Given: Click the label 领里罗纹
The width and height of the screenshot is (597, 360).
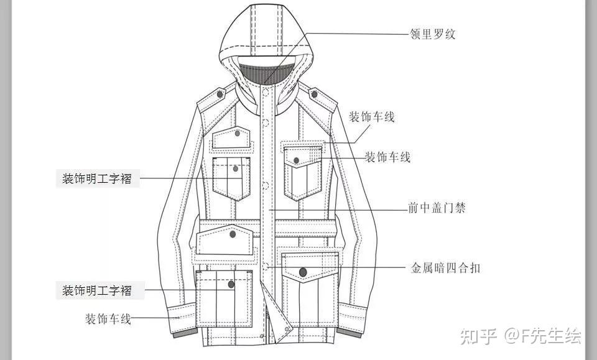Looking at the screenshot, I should click(x=433, y=34).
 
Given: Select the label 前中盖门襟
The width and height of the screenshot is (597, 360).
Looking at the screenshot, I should click(x=437, y=208).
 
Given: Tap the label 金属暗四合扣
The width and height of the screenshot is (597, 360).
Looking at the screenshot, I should click(x=445, y=268).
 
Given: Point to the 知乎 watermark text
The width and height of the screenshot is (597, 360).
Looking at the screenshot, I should click(x=478, y=336).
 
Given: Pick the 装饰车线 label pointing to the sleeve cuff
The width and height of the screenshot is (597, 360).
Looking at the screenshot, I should click(x=108, y=319).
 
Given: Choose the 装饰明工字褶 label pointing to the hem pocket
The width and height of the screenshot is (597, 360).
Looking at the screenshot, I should click(x=96, y=290).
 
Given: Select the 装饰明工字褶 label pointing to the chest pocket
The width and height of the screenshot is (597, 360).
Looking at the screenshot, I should click(x=96, y=179).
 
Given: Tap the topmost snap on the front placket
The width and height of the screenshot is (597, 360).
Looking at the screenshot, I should click(x=266, y=93).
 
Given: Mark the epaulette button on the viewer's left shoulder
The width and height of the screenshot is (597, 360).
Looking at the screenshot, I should click(x=220, y=94).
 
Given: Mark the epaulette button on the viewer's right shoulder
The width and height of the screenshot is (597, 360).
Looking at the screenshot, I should click(x=315, y=94).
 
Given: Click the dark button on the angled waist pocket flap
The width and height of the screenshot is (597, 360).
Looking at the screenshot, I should click(x=233, y=234).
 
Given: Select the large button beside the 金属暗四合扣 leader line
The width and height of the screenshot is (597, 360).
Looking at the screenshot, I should click(x=303, y=272).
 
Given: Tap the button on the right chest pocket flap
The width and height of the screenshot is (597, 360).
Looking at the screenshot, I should click(x=297, y=160).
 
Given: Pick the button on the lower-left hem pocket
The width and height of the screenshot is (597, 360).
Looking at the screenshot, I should click(x=231, y=285).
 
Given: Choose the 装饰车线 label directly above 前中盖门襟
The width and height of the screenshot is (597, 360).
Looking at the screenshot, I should click(x=387, y=157).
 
